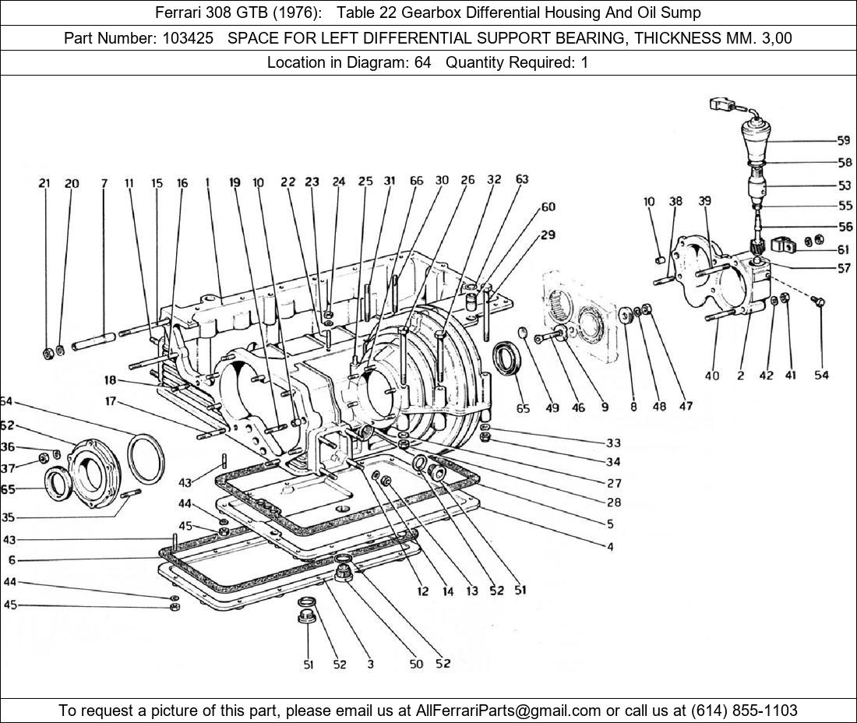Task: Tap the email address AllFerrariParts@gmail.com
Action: pyautogui.click(x=509, y=710)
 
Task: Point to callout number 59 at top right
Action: pyautogui.click(x=843, y=141)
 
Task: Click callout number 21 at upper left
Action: pyautogui.click(x=44, y=184)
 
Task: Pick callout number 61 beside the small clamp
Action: pyautogui.click(x=843, y=249)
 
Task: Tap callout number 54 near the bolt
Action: pyautogui.click(x=821, y=376)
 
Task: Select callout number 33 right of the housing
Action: pyautogui.click(x=614, y=443)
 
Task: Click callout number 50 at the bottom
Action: pyautogui.click(x=416, y=664)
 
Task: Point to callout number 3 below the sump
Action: pyautogui.click(x=370, y=664)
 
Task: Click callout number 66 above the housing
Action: pyautogui.click(x=416, y=181)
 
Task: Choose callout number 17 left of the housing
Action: pyautogui.click(x=110, y=402)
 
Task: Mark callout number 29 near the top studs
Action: pyautogui.click(x=548, y=235)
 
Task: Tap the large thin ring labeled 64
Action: pyautogui.click(x=146, y=459)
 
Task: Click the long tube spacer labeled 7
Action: pyautogui.click(x=94, y=341)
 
